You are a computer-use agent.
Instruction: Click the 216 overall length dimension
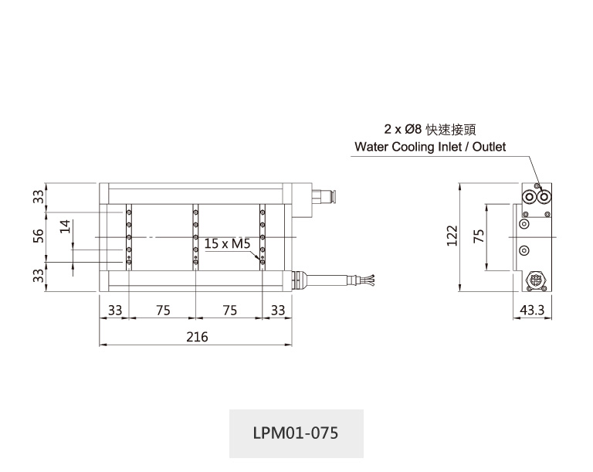pyautogui.click(x=197, y=337)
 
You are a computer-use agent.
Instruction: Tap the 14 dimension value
pyautogui.click(x=66, y=226)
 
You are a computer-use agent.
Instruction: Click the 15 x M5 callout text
pyautogui.click(x=228, y=243)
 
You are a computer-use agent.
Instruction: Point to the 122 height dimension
pyautogui.click(x=453, y=236)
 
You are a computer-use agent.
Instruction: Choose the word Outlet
pyautogui.click(x=490, y=147)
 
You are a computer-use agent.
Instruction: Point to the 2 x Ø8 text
pyautogui.click(x=402, y=129)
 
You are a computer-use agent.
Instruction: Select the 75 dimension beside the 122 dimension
pyautogui.click(x=478, y=236)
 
